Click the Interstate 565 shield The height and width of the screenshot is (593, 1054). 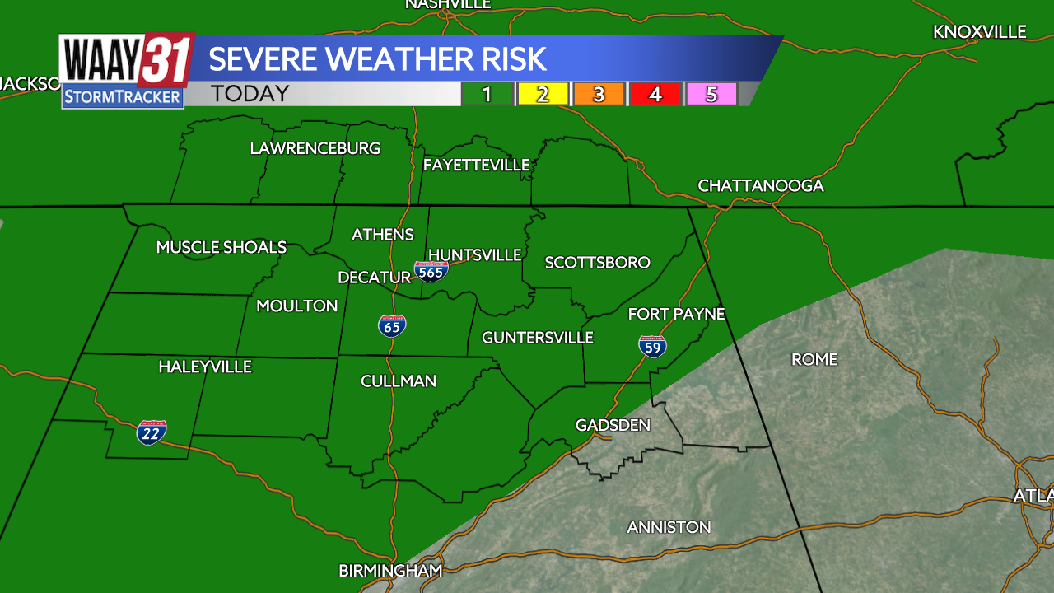pos(431,271)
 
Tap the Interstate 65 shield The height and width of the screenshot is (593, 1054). pos(392,326)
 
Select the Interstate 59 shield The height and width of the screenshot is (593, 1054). pos(652,346)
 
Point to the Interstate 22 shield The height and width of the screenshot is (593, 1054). pos(152,432)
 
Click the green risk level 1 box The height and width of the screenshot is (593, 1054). pos(487,94)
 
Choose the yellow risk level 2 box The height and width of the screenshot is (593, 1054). pos(543,94)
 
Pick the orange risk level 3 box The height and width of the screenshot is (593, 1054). pos(599,94)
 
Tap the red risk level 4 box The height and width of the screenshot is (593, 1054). pos(655,94)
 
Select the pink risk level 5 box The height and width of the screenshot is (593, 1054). pos(711,94)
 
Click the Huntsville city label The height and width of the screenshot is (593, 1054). pos(475,254)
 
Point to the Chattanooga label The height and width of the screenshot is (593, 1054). pos(761,185)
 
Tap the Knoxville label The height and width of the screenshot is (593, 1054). pos(980,31)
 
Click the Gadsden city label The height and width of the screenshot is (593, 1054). pos(613,425)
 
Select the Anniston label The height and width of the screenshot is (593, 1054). pos(669,527)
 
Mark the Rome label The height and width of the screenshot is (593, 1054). pos(814,359)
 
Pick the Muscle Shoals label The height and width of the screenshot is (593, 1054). pos(222,247)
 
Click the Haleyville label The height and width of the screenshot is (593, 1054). pos(205,367)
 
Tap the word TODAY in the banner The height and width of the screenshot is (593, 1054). pos(250,94)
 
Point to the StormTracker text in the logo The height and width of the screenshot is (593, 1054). pos(123,97)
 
